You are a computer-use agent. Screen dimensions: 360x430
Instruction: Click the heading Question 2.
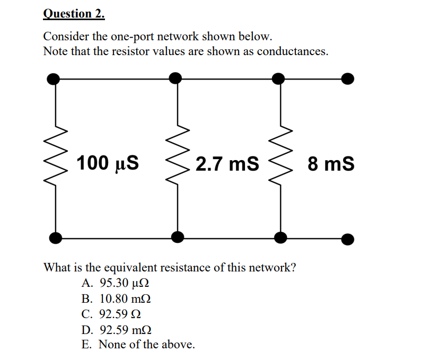pyautogui.click(x=74, y=13)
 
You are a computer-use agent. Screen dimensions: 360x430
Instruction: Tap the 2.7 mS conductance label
pyautogui.click(x=227, y=164)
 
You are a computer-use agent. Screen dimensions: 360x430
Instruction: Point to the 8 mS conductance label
pyautogui.click(x=331, y=164)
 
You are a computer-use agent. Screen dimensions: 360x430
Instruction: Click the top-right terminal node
pyautogui.click(x=347, y=79)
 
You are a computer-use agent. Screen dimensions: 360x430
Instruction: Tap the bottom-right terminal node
pyautogui.click(x=347, y=239)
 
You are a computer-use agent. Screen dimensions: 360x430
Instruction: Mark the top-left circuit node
pyautogui.click(x=54, y=79)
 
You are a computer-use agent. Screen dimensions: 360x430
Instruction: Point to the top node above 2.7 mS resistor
pyautogui.click(x=175, y=78)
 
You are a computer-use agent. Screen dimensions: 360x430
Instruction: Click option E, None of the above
pyautogui.click(x=138, y=345)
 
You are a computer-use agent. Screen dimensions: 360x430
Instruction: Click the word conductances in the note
pyautogui.click(x=292, y=51)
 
